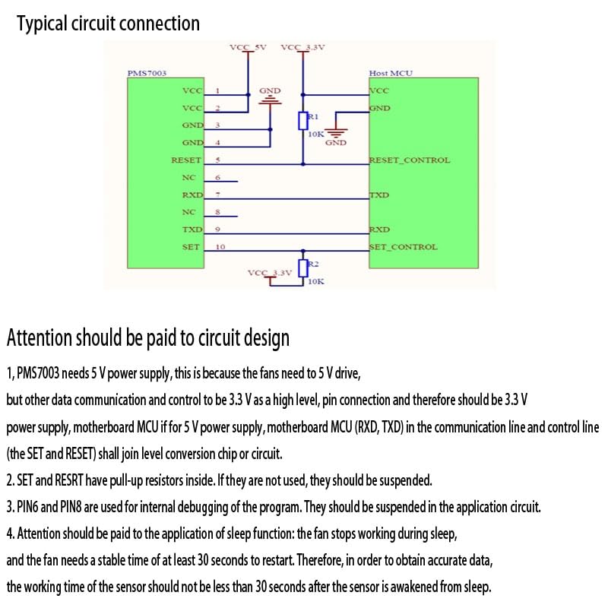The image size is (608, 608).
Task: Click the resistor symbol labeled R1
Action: [x=302, y=121]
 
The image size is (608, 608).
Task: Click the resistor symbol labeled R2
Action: [x=302, y=268]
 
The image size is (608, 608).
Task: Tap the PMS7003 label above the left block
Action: [x=147, y=73]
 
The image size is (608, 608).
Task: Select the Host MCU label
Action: [x=391, y=73]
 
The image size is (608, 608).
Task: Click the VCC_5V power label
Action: [x=248, y=47]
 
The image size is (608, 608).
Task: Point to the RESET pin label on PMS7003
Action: [x=186, y=160]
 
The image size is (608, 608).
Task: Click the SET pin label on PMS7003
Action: [x=191, y=247]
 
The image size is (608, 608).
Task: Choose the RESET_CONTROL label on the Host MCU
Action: [x=410, y=160]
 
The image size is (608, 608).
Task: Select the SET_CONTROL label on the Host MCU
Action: [x=403, y=247]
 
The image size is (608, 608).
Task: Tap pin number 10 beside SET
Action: [x=220, y=247]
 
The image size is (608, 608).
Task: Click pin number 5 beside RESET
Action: [x=218, y=160]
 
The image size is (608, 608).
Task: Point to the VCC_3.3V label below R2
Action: [x=270, y=273]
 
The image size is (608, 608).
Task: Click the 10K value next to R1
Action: [x=315, y=135]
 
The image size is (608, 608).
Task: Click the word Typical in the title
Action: [x=42, y=24]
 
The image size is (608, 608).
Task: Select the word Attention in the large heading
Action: [x=40, y=337]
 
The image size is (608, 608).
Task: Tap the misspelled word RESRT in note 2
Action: [x=69, y=480]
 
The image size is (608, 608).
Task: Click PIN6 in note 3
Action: [x=27, y=507]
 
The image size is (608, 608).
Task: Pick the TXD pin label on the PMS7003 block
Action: [x=193, y=230]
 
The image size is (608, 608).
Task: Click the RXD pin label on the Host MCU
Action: [x=379, y=230]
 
